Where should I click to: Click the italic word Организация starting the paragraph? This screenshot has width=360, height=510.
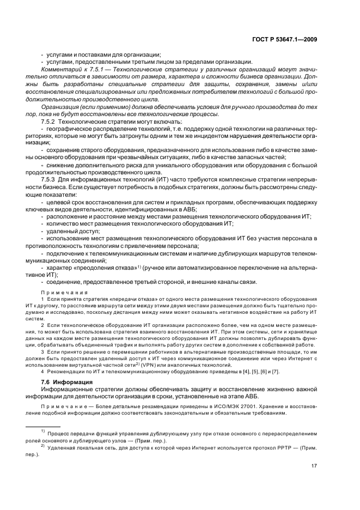[60, 107]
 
